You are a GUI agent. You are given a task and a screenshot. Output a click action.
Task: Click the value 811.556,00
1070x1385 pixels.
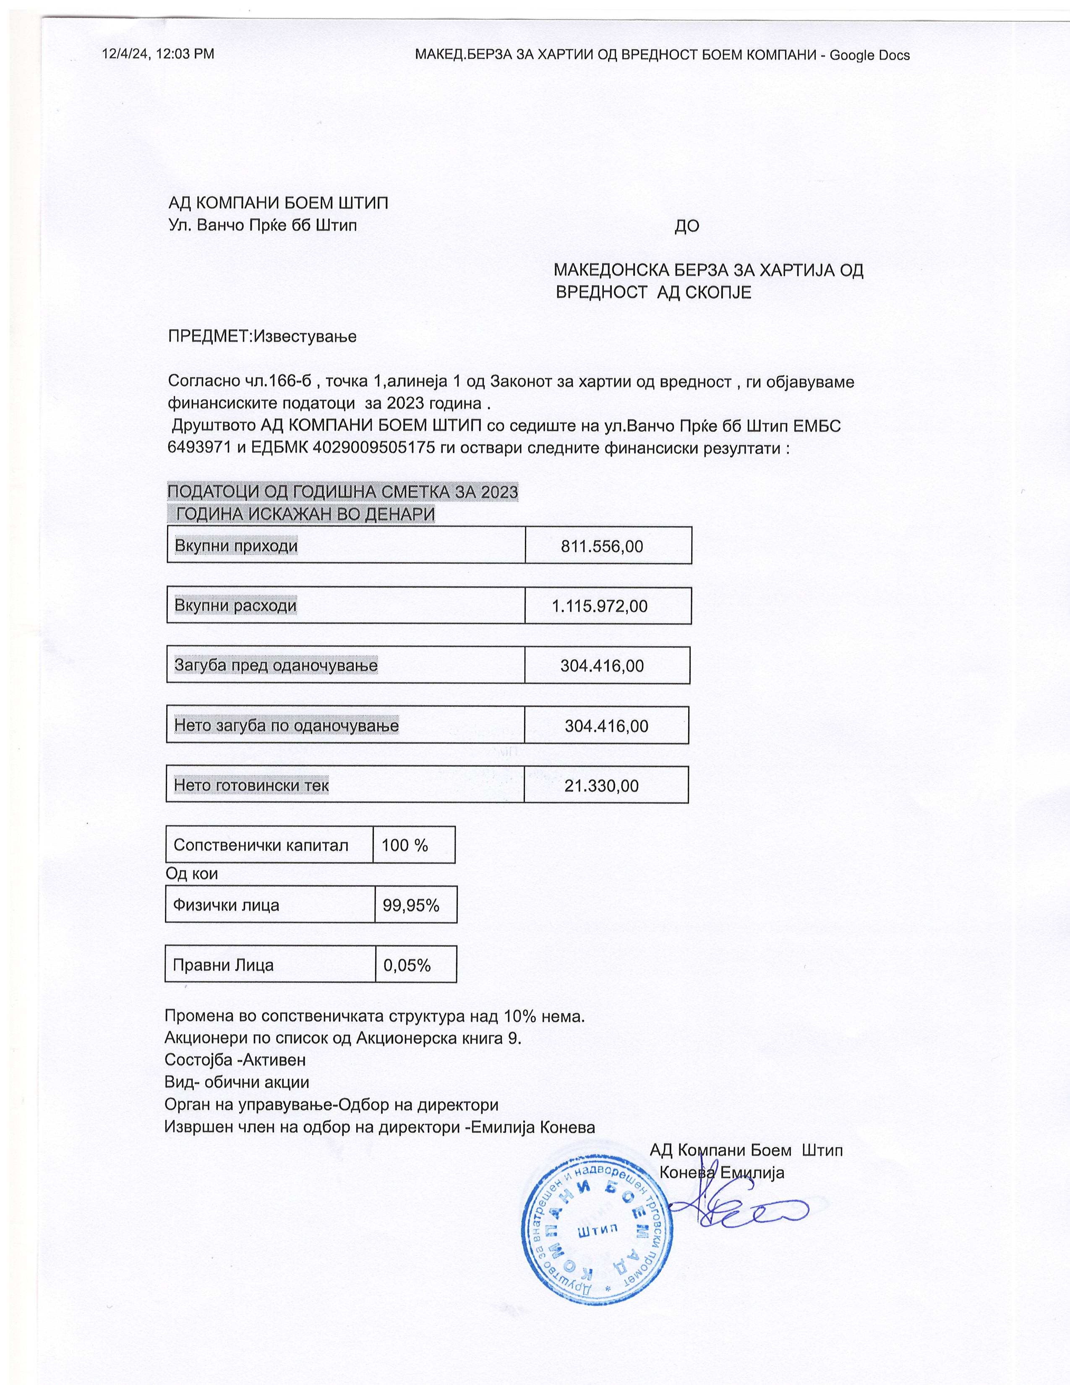(x=602, y=546)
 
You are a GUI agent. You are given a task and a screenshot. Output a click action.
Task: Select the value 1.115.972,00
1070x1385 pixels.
(x=600, y=606)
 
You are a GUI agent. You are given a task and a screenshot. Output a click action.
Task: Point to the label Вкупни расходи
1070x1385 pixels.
(x=235, y=606)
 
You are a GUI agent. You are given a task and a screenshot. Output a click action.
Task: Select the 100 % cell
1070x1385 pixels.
(x=405, y=845)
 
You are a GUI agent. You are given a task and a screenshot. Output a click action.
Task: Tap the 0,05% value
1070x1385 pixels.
(x=407, y=965)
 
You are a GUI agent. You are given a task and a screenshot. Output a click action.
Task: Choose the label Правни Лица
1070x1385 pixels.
(x=223, y=965)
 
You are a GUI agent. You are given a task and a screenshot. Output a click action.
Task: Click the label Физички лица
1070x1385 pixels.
(x=226, y=905)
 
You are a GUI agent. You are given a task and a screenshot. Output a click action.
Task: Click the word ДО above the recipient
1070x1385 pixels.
(x=686, y=226)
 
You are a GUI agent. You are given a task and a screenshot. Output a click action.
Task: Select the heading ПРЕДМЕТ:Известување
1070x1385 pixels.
(x=262, y=336)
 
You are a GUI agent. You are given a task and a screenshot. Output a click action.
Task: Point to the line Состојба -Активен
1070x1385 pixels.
(x=235, y=1060)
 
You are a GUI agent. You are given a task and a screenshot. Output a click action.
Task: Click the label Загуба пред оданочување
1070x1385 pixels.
(x=276, y=665)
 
